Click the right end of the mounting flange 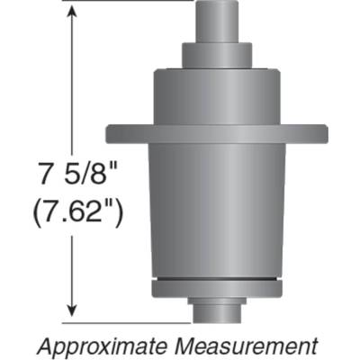pyautogui.click(x=319, y=132)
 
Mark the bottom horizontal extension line pyautogui.click(x=126, y=319)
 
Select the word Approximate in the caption pyautogui.click(x=98, y=345)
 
